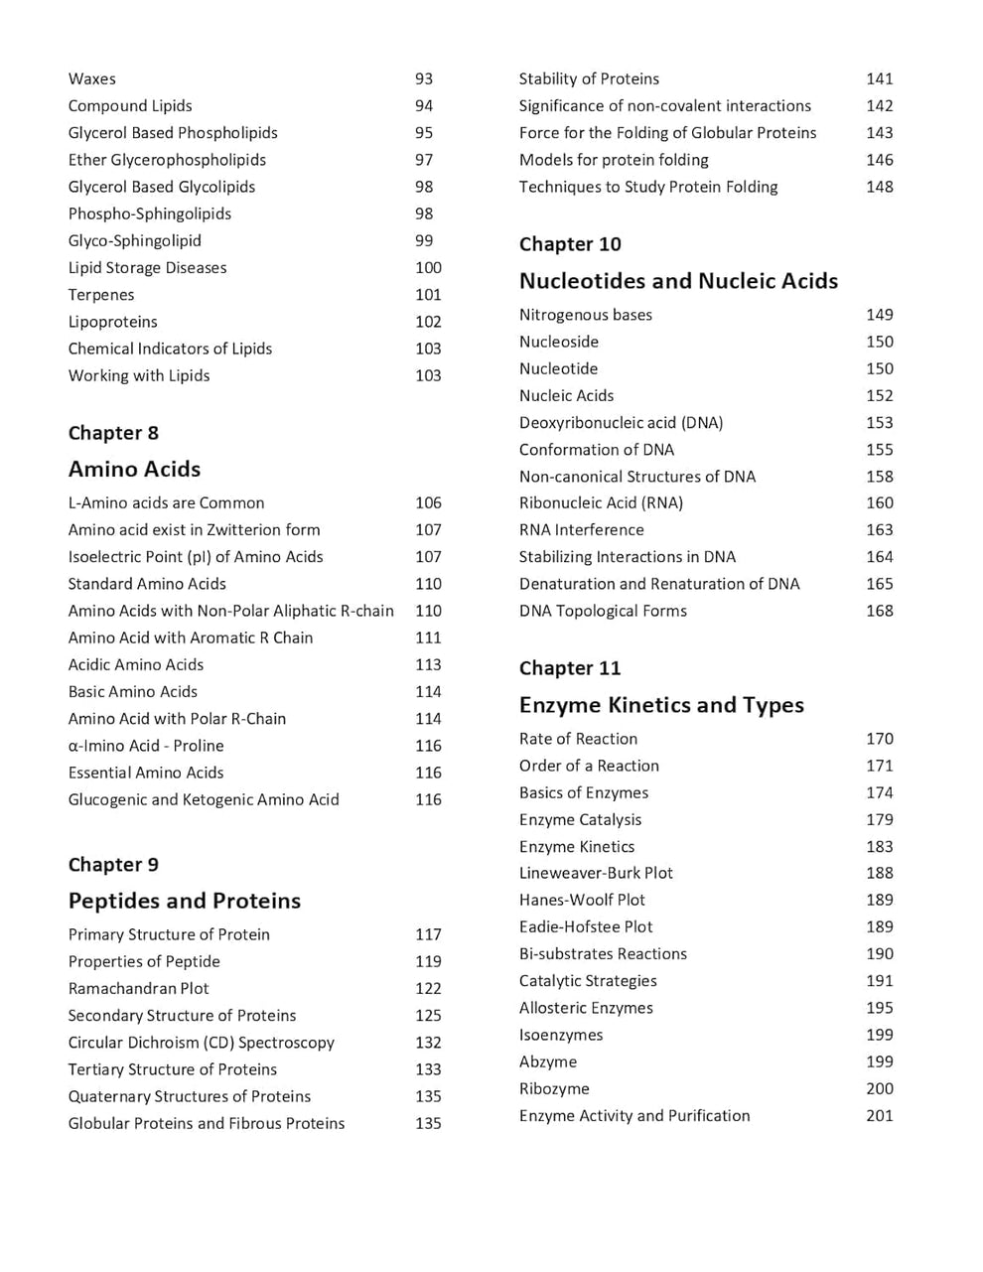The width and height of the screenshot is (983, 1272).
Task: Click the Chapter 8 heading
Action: coord(113,433)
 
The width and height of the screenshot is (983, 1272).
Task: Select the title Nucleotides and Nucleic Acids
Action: coord(678,281)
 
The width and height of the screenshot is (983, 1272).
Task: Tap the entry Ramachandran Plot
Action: coord(138,988)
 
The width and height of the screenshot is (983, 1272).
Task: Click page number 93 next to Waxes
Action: coord(424,78)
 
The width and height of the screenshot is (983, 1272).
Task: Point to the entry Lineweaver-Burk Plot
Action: coord(596,873)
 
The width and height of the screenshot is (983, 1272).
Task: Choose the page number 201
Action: coord(879,1115)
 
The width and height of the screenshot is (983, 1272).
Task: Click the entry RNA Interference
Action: coord(581,529)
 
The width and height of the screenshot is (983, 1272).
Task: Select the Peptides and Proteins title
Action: coord(184,901)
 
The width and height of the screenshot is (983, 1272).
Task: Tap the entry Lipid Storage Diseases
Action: coord(147,267)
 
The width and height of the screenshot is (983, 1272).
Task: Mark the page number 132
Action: coord(428,1042)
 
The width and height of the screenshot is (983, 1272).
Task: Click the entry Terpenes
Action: coord(101,294)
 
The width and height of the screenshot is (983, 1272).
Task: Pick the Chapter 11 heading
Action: coord(569,668)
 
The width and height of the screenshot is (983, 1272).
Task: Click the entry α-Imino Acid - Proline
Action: coord(146,745)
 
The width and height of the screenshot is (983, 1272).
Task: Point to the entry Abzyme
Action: coord(547,1061)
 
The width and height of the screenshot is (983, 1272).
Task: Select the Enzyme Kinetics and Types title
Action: coord(661,705)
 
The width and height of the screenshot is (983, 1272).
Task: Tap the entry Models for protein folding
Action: coord(614,159)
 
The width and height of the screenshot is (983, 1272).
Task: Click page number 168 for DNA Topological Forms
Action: coord(879,611)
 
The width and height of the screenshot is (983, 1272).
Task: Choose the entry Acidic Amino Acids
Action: coord(135,664)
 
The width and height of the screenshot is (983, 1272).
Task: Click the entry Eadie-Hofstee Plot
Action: coord(586,926)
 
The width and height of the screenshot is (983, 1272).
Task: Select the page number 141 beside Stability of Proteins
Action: coord(879,78)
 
